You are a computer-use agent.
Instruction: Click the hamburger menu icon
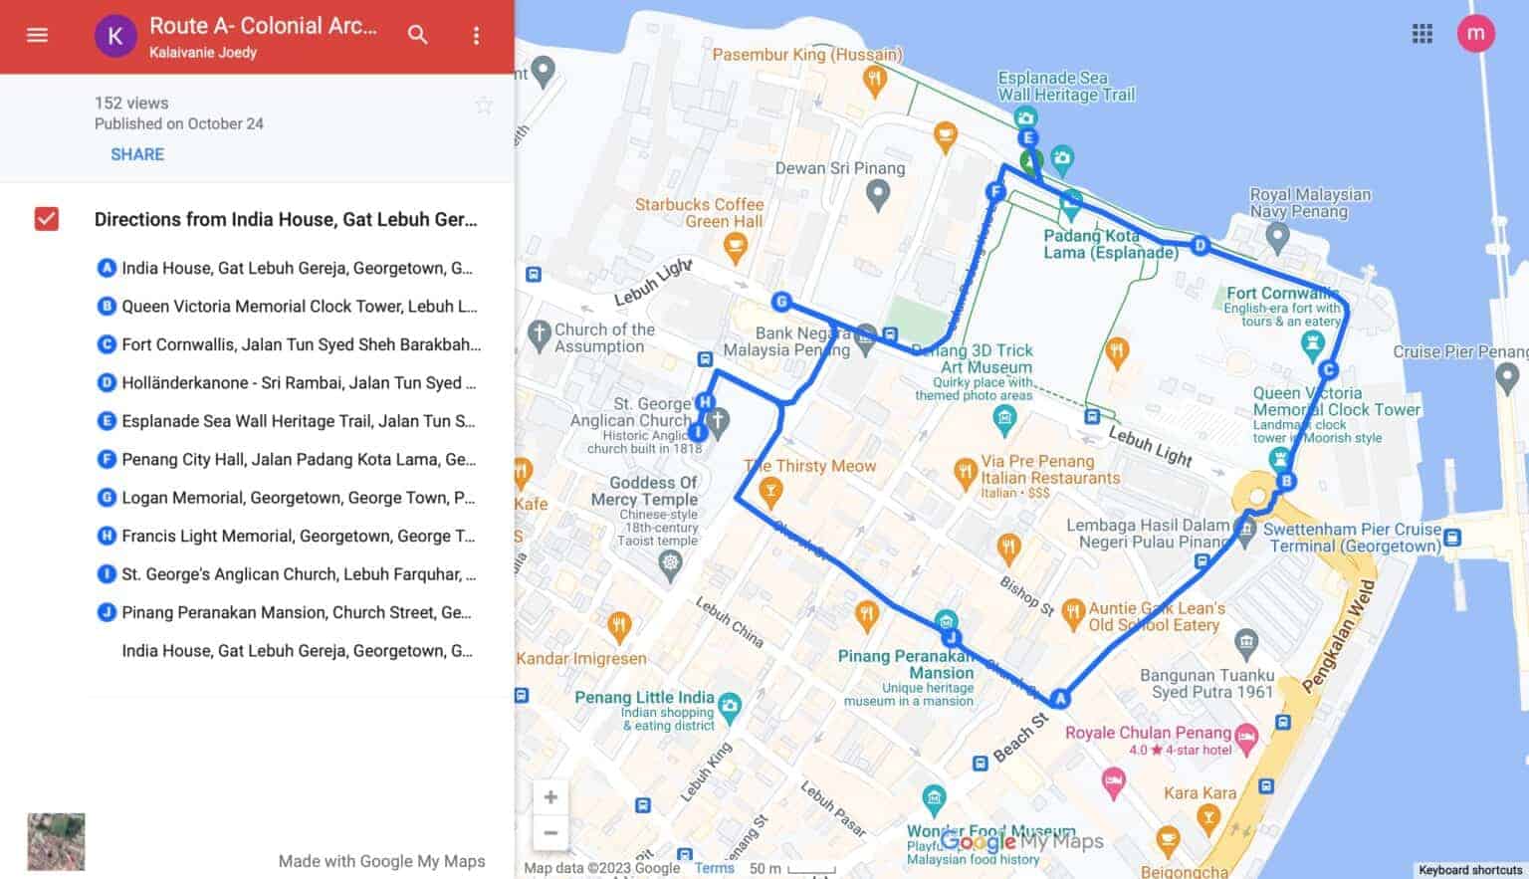click(37, 35)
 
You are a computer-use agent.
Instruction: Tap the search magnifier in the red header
click(418, 35)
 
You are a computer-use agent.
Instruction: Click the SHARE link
click(137, 154)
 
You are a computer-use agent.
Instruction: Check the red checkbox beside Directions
click(47, 219)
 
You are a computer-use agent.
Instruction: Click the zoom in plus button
click(550, 797)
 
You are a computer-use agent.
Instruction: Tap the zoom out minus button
click(550, 833)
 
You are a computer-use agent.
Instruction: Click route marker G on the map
click(781, 302)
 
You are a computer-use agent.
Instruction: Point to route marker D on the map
click(1200, 245)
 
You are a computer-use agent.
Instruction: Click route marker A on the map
click(1060, 699)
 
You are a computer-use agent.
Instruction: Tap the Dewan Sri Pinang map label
click(840, 168)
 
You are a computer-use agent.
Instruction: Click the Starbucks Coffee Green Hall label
click(699, 212)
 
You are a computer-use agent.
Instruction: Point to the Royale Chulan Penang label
click(1148, 733)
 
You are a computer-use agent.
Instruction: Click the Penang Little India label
click(644, 698)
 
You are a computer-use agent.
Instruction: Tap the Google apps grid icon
click(1422, 34)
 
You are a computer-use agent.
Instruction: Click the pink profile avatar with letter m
click(1475, 34)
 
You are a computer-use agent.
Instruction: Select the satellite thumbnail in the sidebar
click(56, 841)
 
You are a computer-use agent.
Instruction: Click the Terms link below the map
click(714, 868)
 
